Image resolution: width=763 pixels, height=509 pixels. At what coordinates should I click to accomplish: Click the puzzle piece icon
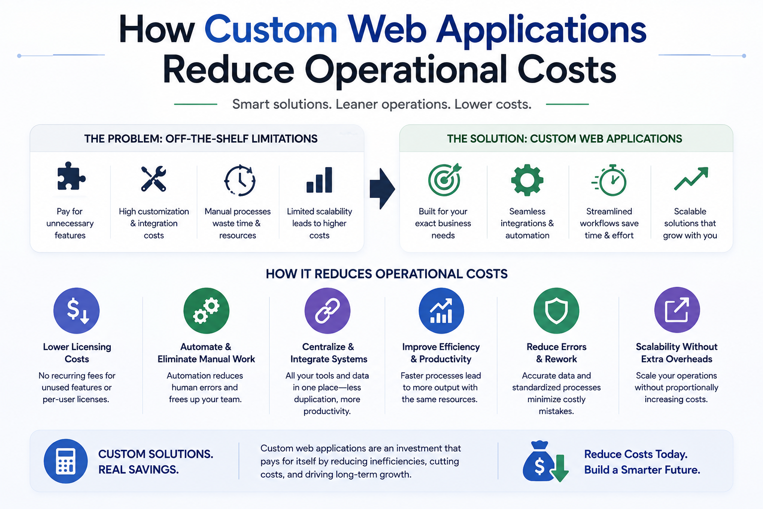(x=71, y=176)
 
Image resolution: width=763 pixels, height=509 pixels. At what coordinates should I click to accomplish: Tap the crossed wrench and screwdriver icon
(x=153, y=178)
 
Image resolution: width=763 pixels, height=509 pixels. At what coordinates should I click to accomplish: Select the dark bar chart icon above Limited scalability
(x=319, y=180)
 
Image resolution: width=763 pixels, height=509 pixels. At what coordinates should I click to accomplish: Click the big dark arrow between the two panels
(x=382, y=188)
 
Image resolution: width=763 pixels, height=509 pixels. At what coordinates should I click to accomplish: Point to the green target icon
(x=445, y=179)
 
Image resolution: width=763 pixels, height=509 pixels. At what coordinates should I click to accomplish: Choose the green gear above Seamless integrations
(x=527, y=180)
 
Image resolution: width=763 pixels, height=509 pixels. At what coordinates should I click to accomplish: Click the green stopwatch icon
(x=610, y=180)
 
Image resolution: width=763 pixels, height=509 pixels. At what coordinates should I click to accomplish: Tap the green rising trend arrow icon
(x=691, y=178)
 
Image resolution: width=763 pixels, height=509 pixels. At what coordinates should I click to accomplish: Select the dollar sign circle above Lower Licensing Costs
(x=76, y=311)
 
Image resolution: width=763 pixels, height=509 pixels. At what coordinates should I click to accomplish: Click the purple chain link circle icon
(x=327, y=311)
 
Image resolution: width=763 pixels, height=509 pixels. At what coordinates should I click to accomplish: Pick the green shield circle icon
(x=556, y=311)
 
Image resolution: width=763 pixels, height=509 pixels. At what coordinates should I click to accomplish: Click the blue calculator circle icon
(x=66, y=461)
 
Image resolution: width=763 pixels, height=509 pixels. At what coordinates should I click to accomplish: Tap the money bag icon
(x=545, y=462)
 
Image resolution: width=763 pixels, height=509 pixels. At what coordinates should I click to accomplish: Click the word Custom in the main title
(x=271, y=29)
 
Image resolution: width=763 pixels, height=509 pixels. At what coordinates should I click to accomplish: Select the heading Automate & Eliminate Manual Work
(x=206, y=353)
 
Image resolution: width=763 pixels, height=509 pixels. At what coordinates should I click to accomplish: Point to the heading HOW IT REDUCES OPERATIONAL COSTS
(x=386, y=274)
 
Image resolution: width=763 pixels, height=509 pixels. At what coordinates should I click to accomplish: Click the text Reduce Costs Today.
(x=636, y=454)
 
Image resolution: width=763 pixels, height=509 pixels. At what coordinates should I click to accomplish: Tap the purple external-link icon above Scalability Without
(x=677, y=310)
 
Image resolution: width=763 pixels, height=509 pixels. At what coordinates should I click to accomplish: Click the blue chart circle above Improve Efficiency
(x=441, y=311)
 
